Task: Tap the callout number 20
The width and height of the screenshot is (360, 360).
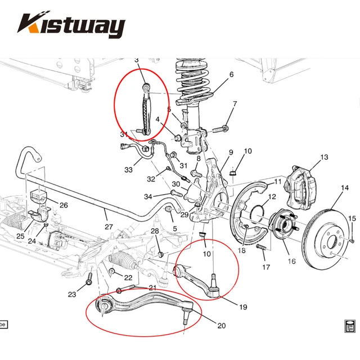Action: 221,326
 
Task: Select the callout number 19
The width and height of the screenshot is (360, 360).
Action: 243,307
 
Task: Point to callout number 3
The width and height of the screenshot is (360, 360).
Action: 136,60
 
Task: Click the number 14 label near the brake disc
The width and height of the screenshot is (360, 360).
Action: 345,188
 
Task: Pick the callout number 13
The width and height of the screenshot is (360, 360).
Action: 323,157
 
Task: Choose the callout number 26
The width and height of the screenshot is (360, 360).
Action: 63,205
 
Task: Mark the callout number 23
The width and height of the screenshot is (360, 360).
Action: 72,294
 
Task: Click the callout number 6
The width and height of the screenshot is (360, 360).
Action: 231,74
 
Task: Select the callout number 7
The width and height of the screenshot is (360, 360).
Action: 235,103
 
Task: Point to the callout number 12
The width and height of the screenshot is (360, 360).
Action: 272,197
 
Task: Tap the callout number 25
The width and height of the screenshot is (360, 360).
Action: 20,236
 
